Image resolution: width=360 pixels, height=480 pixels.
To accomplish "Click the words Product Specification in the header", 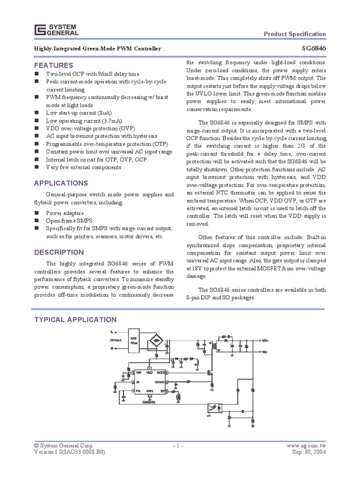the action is pyautogui.click(x=295, y=34).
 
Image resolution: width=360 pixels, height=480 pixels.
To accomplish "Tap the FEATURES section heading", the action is pyautogui.click(x=54, y=65).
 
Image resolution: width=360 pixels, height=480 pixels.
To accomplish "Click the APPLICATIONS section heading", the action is pyautogui.click(x=61, y=183).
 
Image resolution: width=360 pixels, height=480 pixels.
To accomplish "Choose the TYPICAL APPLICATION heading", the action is pyautogui.click(x=76, y=320).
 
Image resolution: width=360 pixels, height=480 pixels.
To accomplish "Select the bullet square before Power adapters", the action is pyautogui.click(x=37, y=213).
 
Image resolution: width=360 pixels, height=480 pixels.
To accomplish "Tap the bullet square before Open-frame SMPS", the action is pyautogui.click(x=37, y=220).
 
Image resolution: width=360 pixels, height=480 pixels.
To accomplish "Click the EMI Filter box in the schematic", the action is pyautogui.click(x=134, y=341).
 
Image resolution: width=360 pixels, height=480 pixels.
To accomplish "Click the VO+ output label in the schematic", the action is pyautogui.click(x=264, y=340).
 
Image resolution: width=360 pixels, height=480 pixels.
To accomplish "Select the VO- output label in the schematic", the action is pyautogui.click(x=264, y=352).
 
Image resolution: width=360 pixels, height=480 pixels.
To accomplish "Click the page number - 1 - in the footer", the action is pyautogui.click(x=180, y=445).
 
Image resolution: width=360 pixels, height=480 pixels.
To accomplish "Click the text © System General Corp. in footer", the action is pyautogui.click(x=64, y=445).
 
